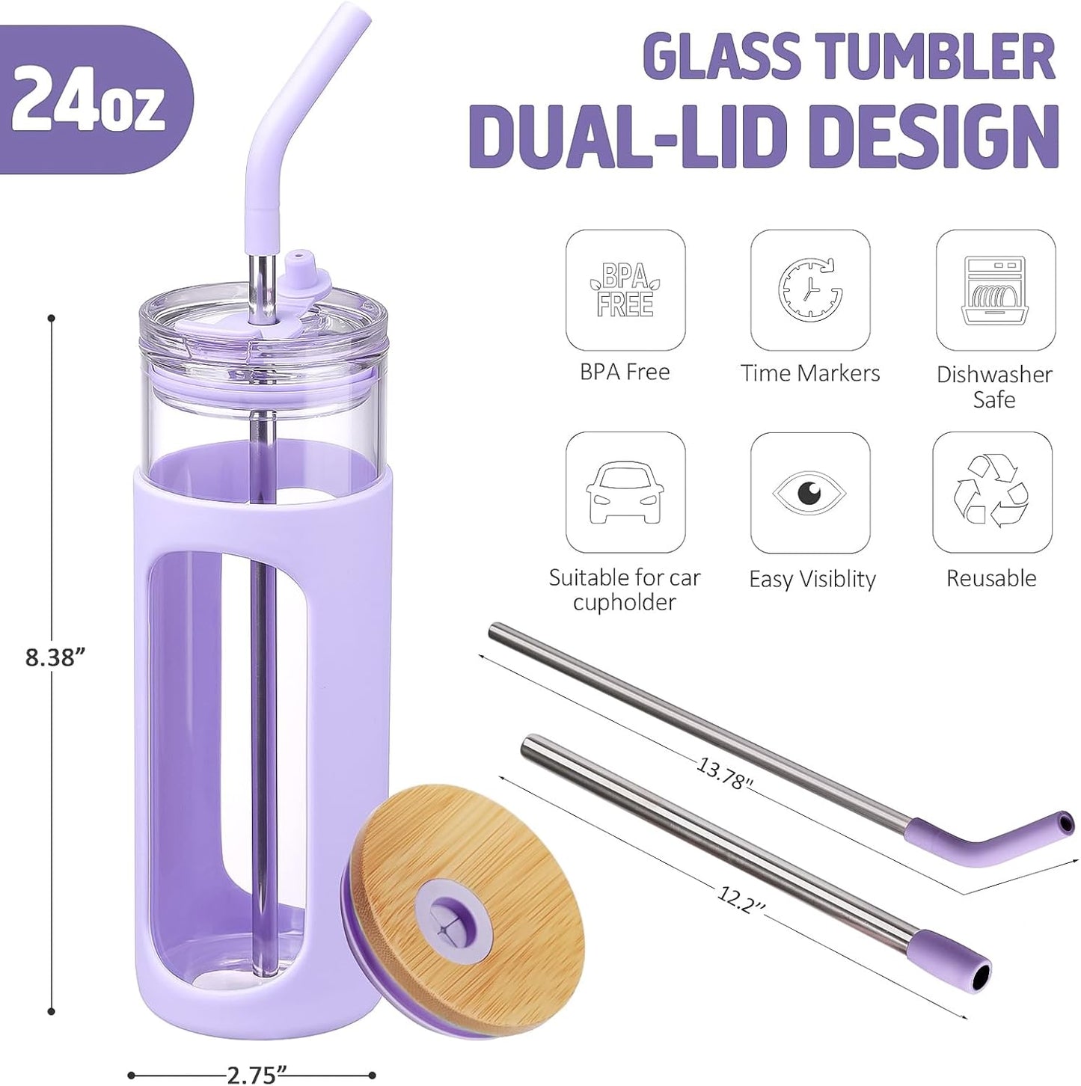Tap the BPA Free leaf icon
click(625, 290)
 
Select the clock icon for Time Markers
click(810, 289)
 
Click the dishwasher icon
click(995, 290)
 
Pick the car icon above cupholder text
click(625, 492)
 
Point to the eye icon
click(810, 493)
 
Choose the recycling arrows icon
click(992, 492)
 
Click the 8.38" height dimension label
click(56, 657)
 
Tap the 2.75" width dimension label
click(257, 1076)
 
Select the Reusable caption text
click(991, 578)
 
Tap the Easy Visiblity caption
click(812, 579)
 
